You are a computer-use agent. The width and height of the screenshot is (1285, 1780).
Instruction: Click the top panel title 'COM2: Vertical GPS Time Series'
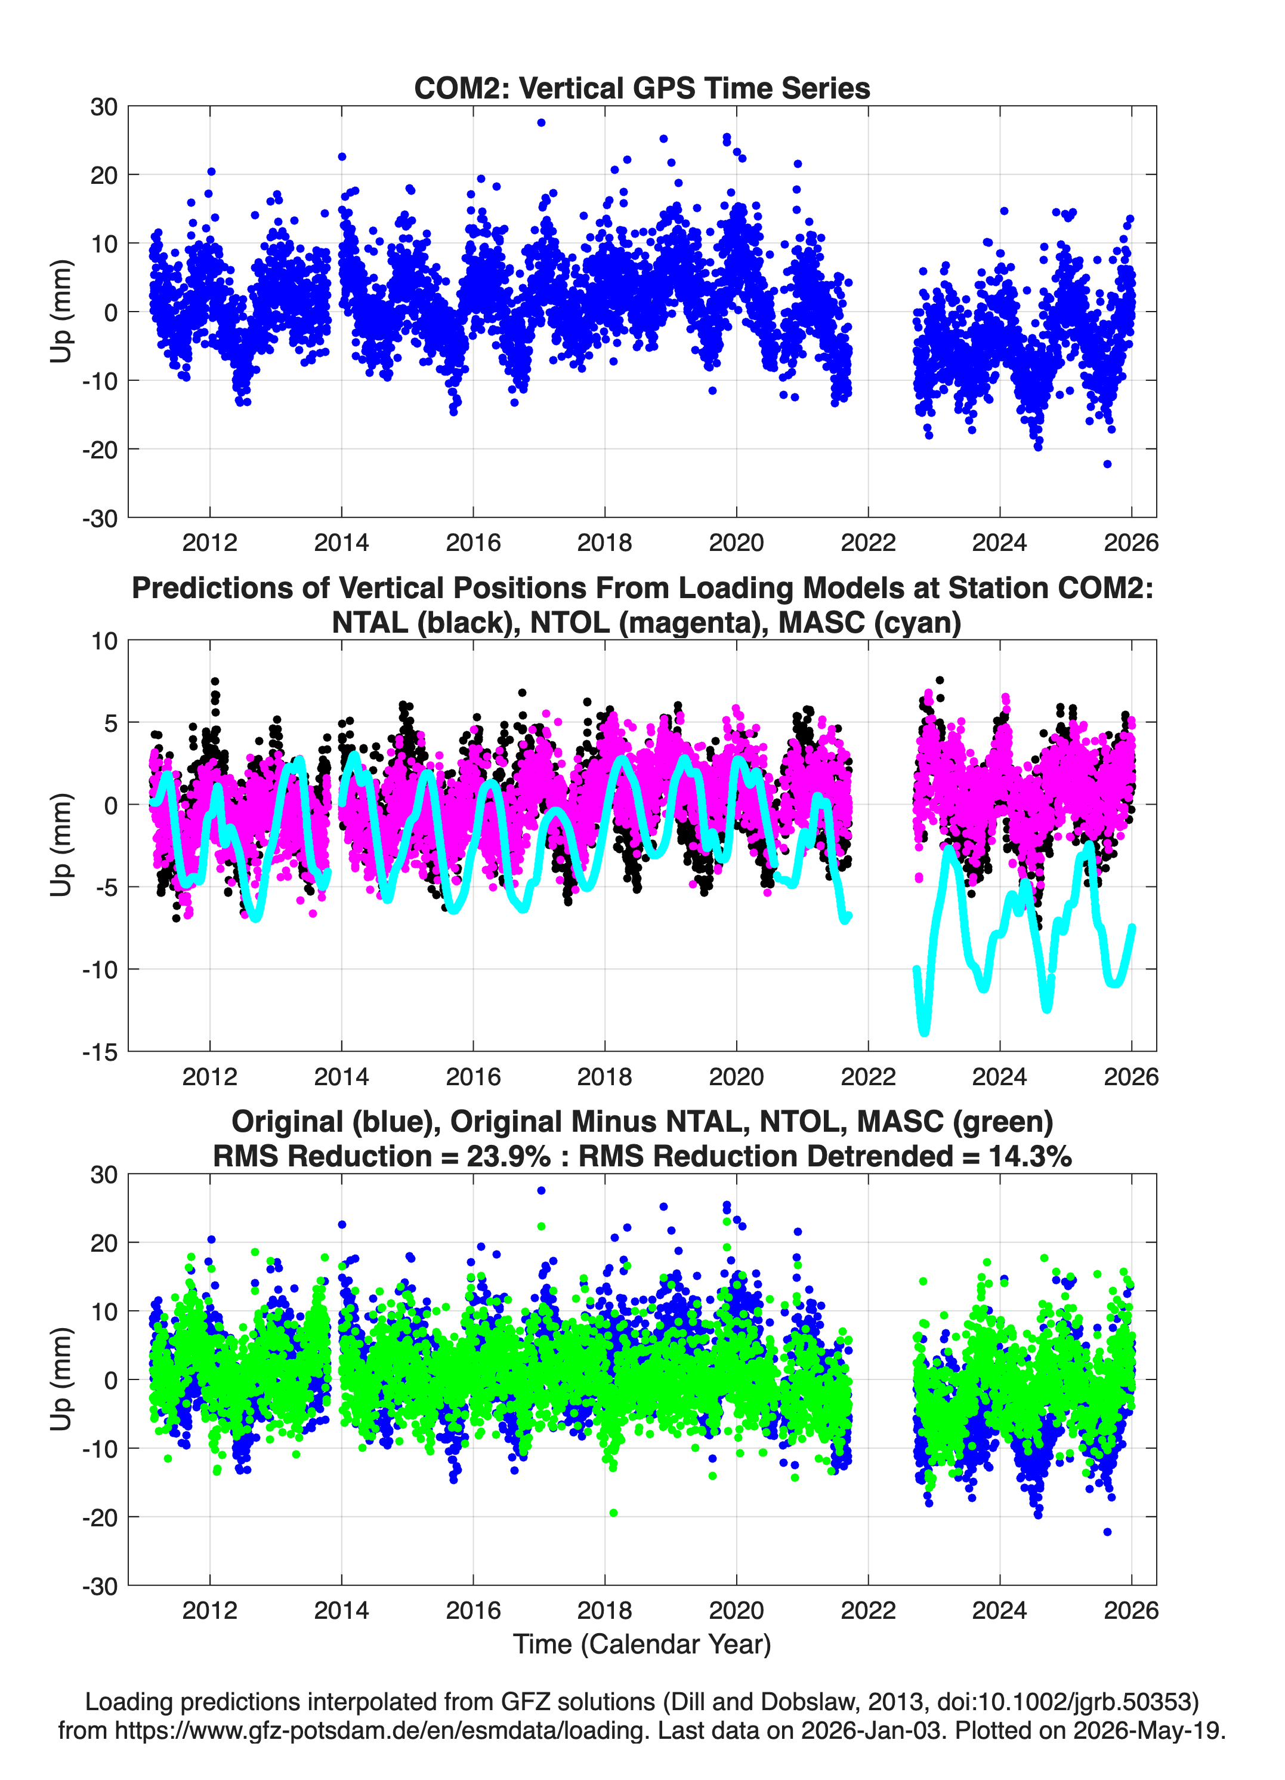click(x=642, y=88)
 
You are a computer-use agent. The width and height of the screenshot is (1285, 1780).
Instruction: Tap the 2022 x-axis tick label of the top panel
click(x=867, y=543)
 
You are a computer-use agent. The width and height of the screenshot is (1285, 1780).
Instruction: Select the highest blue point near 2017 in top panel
click(x=541, y=122)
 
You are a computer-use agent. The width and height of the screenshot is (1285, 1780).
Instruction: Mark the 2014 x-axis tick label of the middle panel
click(x=341, y=1076)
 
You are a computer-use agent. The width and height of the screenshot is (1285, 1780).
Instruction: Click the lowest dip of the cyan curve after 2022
click(x=924, y=1032)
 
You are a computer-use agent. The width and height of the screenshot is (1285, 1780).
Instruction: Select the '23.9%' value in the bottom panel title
click(x=508, y=1156)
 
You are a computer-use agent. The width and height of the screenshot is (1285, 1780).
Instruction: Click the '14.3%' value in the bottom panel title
click(x=1029, y=1156)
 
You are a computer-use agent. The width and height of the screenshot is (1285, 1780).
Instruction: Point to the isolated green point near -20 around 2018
click(x=613, y=1513)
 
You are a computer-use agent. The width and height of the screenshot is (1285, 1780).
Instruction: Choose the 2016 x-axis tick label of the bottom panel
click(x=473, y=1610)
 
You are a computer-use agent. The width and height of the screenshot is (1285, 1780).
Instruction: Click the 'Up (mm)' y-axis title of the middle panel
click(x=61, y=845)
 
